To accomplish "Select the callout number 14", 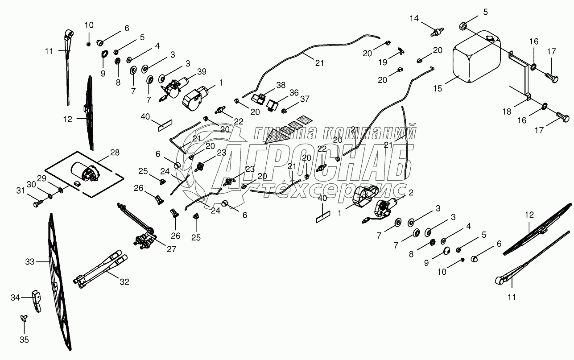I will point(415,18).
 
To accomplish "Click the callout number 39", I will point(202,72).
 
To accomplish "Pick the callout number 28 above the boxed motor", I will point(115,153).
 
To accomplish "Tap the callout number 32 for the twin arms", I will point(124,281).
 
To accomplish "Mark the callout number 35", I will point(24,339).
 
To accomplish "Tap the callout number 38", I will point(280,84).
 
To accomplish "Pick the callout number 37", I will point(305,99).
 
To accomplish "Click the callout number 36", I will point(293,92).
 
